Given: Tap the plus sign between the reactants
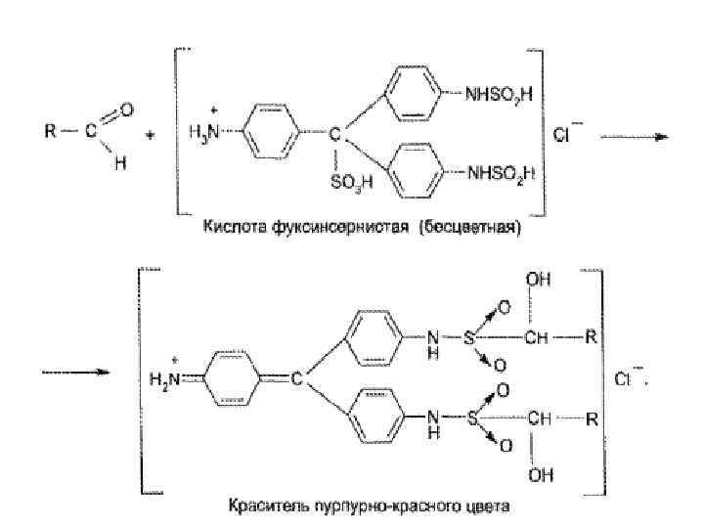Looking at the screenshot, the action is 150,136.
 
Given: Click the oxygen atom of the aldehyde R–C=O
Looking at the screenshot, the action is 128,110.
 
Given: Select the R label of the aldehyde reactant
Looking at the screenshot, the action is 50,132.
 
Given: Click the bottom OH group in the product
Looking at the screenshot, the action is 537,480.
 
